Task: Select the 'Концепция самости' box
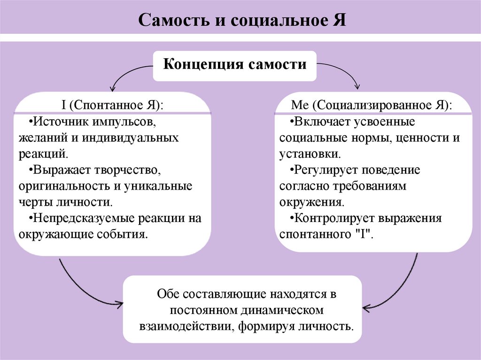pos(235,64)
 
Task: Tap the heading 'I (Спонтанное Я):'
pos(112,105)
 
